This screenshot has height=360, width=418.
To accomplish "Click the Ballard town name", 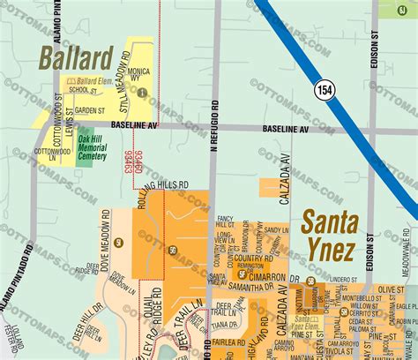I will (x=75, y=59).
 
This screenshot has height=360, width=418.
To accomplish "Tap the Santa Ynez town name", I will (x=329, y=234).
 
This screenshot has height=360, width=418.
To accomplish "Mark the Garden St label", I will (x=90, y=110).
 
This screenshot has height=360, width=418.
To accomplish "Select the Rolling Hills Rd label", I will (x=164, y=185).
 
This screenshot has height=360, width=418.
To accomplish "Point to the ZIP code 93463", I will (x=126, y=161).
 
